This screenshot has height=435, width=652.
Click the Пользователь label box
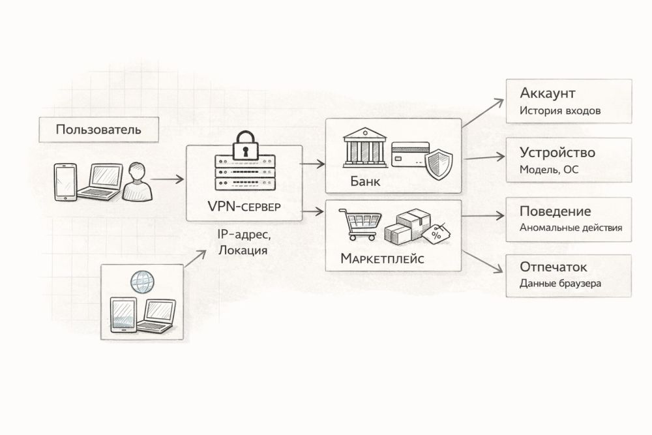(98, 129)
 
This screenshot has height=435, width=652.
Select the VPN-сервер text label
(244, 207)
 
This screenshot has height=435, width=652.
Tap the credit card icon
(409, 152)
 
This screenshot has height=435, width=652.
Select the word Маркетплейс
(382, 259)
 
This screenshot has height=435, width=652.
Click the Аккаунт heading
(548, 93)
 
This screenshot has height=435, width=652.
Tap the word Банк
(364, 182)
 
